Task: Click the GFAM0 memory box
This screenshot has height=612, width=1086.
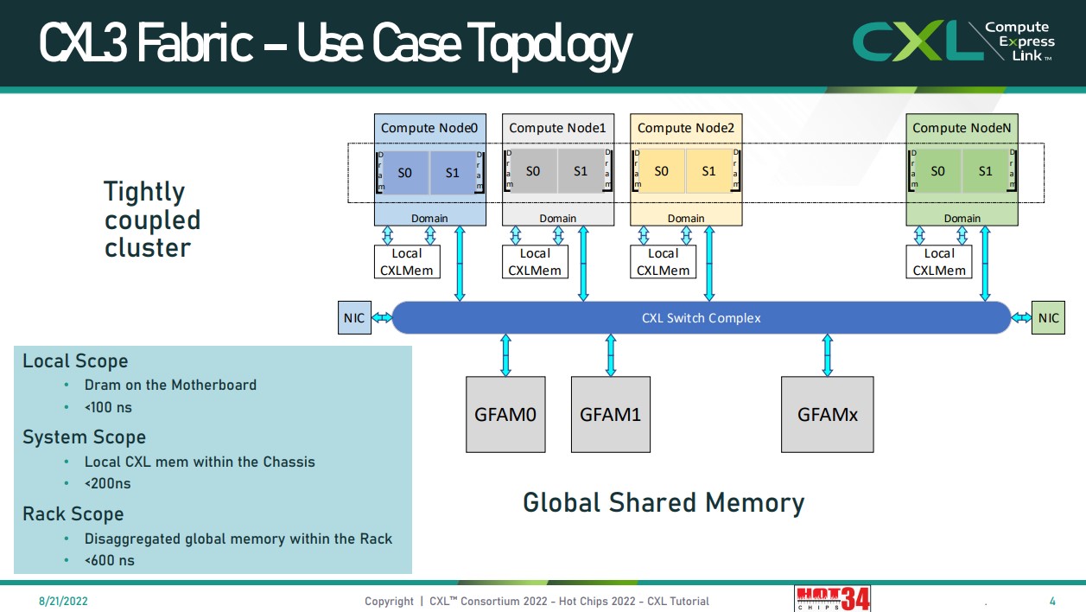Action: [x=505, y=414]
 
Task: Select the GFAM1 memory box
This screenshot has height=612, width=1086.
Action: [x=610, y=414]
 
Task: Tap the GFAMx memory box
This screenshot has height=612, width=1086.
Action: [x=827, y=414]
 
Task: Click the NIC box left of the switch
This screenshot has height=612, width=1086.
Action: [x=354, y=318]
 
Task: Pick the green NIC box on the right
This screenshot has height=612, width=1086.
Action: [x=1048, y=318]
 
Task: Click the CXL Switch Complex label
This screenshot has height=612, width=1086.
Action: [x=701, y=318]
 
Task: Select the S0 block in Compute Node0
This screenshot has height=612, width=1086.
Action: [x=405, y=172]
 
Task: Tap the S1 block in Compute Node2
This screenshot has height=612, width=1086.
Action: [x=708, y=171]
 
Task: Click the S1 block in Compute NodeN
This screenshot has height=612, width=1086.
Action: [x=985, y=171]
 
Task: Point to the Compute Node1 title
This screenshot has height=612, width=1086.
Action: [x=557, y=128]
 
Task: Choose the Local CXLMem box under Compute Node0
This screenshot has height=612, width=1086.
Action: [x=407, y=262]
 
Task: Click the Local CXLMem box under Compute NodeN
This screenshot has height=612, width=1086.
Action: [x=939, y=262]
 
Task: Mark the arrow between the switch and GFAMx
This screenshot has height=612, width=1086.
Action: [x=828, y=354]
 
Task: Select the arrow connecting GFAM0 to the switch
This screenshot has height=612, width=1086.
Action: [x=505, y=354]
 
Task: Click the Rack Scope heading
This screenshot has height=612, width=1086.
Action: [x=73, y=514]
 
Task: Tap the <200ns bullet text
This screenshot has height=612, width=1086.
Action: [x=107, y=483]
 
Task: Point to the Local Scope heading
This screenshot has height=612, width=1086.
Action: [x=75, y=361]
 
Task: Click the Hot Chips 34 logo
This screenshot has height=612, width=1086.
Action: [x=832, y=598]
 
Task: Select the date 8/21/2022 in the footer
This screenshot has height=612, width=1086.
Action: [x=62, y=601]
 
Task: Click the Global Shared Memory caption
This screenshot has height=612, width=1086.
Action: [x=664, y=502]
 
